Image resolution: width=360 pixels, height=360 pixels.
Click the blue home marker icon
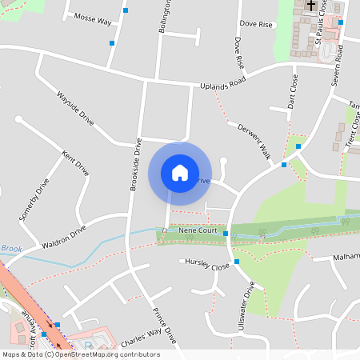click(x=180, y=172)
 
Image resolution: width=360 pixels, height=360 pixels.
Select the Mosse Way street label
click(x=92, y=19)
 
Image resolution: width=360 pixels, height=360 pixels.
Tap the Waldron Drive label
click(x=64, y=238)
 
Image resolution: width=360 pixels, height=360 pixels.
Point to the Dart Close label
click(x=292, y=91)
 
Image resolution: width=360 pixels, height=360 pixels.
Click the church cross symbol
click(x=311, y=6)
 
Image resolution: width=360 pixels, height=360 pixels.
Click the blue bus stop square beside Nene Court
click(x=226, y=234)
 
